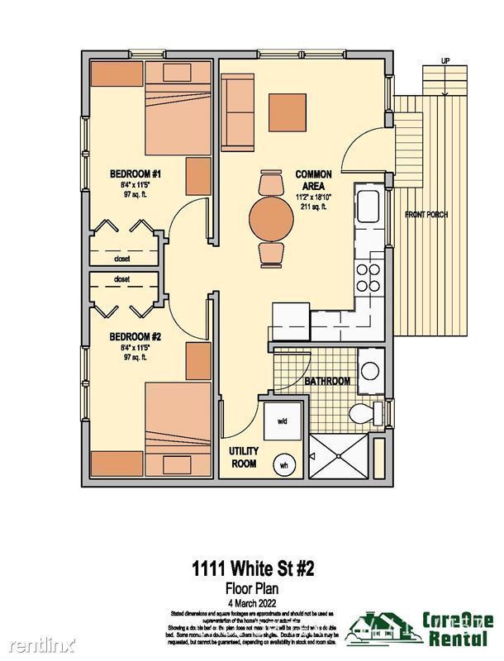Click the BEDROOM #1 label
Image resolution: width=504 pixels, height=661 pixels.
(135, 174)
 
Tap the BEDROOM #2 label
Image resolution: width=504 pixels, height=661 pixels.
(135, 337)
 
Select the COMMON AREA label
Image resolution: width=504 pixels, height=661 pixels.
(313, 181)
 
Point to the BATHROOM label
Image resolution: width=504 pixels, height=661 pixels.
(328, 382)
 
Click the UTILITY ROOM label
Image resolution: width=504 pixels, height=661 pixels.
(245, 457)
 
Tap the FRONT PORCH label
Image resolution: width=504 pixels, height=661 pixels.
(426, 215)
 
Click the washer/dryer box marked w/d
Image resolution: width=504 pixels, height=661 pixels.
(282, 421)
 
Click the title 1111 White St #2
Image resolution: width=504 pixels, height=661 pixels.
(253, 569)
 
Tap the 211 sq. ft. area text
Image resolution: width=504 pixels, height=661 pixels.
(313, 207)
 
